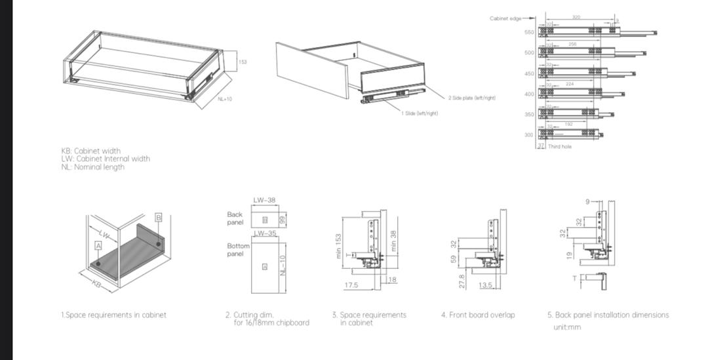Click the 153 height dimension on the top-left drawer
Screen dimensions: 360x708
243,62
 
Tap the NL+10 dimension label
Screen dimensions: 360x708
225,99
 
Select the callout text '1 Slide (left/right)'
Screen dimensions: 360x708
420,113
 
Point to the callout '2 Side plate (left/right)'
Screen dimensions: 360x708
472,98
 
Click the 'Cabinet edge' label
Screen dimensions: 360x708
505,18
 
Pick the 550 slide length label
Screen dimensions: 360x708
528,31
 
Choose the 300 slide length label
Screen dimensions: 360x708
528,135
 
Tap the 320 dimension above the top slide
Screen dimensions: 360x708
576,17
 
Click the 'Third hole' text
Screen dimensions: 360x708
560,146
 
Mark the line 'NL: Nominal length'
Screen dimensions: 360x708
92,167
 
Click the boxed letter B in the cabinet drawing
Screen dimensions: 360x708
158,217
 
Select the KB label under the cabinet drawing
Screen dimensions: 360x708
97,284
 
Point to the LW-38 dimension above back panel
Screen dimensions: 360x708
264,200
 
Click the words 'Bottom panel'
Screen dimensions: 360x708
238,250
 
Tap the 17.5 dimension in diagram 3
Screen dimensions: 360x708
351,285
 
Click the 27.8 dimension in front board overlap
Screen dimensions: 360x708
462,281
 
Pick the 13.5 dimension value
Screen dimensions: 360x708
485,285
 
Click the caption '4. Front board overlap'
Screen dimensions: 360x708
478,315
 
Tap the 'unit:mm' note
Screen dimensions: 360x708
566,327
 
